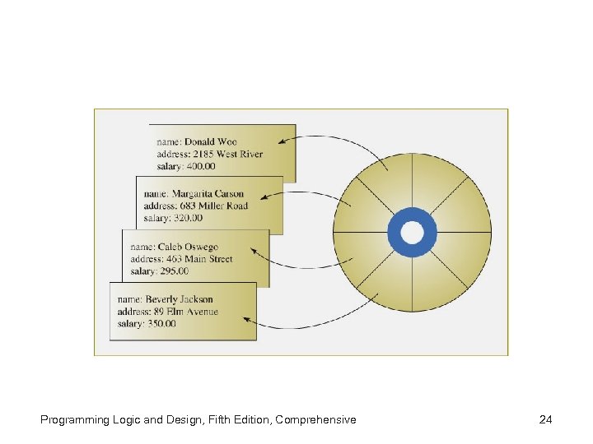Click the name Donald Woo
211,141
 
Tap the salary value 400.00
201,166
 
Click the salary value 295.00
175,271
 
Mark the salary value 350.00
161,324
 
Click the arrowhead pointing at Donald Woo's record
282,141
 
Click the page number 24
545,420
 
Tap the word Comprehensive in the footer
316,420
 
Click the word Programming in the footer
74,420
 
